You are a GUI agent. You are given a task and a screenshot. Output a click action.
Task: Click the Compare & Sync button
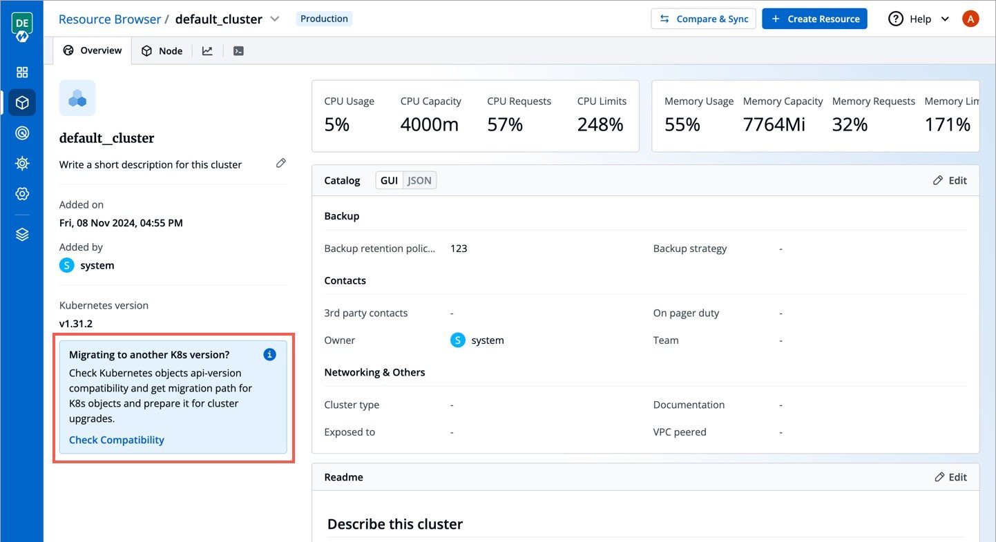(703, 19)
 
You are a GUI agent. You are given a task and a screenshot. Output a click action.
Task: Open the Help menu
(919, 19)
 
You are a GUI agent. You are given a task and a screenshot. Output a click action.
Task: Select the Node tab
(162, 50)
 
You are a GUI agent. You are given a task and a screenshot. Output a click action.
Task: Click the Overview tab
(93, 50)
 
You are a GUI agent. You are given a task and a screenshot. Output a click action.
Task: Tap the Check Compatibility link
(117, 440)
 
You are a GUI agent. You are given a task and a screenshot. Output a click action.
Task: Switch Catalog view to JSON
(419, 180)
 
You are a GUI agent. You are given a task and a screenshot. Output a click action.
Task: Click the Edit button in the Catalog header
(950, 180)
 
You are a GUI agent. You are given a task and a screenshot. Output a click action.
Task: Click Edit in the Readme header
(950, 476)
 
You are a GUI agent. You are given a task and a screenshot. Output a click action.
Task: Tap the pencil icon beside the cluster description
(280, 163)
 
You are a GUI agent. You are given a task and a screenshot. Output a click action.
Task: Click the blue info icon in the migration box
(269, 354)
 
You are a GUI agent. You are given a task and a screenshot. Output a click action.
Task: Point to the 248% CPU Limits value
(600, 124)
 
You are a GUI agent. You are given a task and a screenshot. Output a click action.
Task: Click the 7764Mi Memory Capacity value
(774, 124)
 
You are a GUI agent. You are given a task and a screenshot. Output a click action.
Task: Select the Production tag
(324, 19)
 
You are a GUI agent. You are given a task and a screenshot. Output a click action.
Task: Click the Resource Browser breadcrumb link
(109, 19)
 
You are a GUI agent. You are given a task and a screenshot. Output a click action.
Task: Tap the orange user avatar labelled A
(970, 19)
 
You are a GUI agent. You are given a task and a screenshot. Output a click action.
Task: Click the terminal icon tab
(238, 50)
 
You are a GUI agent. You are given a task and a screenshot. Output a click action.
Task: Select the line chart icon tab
(207, 50)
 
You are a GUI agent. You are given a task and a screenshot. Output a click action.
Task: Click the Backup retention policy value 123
(459, 248)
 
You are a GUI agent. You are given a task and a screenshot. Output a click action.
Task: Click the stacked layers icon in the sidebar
(22, 234)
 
